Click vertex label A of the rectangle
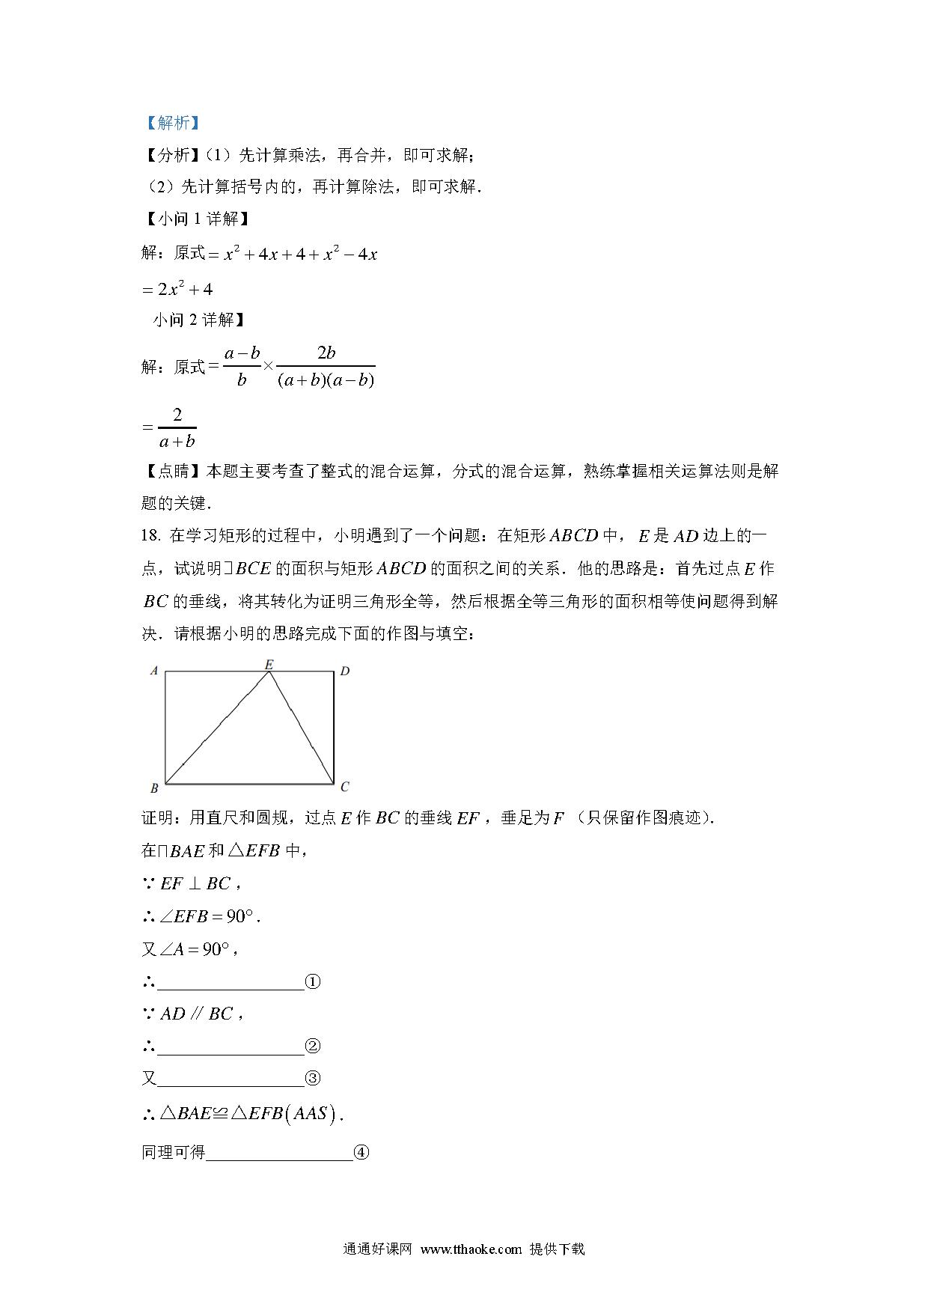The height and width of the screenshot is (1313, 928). click(154, 671)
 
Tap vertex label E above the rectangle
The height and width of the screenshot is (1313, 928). click(269, 664)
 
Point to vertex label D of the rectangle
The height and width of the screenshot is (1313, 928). click(345, 671)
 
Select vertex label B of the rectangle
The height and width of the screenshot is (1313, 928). click(154, 788)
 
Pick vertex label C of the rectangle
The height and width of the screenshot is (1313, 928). click(345, 787)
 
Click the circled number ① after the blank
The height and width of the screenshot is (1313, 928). click(313, 982)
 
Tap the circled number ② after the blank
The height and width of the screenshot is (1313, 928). click(313, 1047)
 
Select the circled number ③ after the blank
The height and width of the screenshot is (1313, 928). click(313, 1079)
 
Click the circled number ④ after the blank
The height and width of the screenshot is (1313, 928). click(361, 1153)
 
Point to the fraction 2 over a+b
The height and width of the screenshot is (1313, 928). click(177, 428)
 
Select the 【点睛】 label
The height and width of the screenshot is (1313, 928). click(172, 471)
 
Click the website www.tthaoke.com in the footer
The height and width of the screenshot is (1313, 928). click(471, 1249)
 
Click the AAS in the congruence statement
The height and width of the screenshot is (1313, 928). click(310, 1114)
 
